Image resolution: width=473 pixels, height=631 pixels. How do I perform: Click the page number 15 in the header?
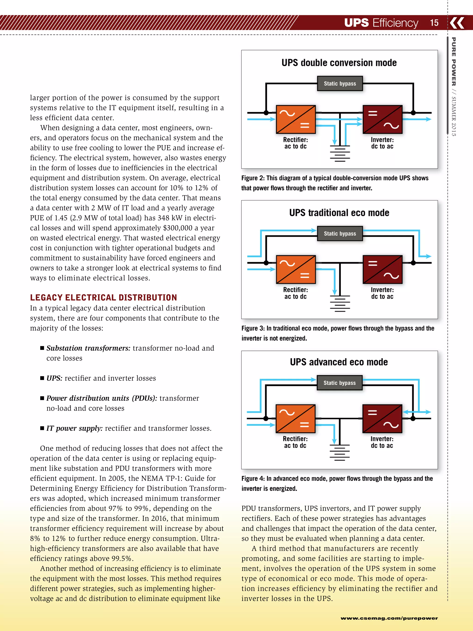tap(434, 23)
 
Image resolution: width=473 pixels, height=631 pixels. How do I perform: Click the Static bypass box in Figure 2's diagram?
tap(340, 84)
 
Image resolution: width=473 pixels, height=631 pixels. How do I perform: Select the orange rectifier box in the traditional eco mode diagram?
tap(296, 269)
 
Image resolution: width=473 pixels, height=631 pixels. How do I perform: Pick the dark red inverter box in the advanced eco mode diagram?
tap(382, 419)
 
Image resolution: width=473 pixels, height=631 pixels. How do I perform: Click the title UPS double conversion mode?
tap(339, 63)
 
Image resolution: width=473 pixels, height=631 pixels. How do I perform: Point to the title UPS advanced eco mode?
tap(339, 362)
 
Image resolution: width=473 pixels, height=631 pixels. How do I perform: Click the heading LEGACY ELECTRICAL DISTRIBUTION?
tap(103, 297)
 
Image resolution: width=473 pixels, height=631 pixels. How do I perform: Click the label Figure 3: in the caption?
tap(253, 328)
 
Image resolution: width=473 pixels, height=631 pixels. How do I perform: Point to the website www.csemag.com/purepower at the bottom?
tap(389, 618)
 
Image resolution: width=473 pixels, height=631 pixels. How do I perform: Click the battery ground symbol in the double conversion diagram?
tap(340, 154)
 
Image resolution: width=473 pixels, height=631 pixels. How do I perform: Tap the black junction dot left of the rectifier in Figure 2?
tap(266, 113)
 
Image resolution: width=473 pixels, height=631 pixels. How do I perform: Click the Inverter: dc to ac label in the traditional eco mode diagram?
tap(382, 293)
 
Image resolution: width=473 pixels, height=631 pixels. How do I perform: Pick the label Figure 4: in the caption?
tap(253, 478)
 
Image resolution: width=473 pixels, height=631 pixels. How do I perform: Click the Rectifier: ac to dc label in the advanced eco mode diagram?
tap(295, 442)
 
